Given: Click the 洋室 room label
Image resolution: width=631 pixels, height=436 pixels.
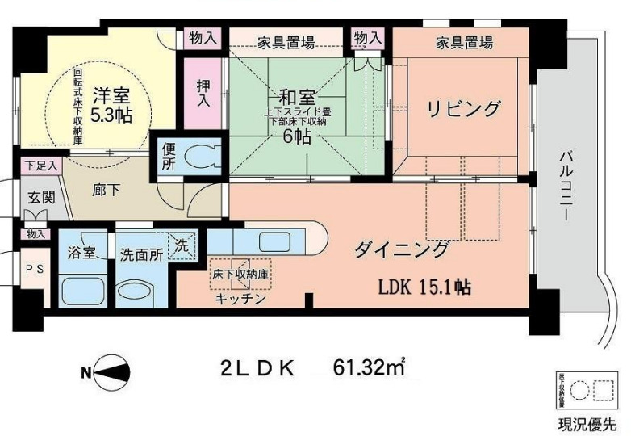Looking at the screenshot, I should pyautogui.click(x=110, y=93).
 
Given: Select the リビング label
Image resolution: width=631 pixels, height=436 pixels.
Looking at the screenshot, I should pyautogui.click(x=464, y=107).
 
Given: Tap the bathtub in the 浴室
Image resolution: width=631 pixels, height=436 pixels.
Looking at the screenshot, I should pyautogui.click(x=83, y=289).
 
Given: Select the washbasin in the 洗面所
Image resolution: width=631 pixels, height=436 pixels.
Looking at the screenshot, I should pyautogui.click(x=138, y=291).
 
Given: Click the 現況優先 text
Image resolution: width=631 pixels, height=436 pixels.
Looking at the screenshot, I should pyautogui.click(x=585, y=424).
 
